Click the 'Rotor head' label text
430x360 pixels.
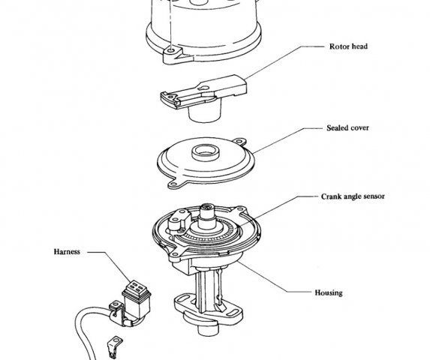pos(348,46)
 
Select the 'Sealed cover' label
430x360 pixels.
pos(347,128)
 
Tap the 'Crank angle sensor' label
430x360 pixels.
pos(353,196)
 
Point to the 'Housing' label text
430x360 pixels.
pos(329,292)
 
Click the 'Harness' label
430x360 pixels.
pos(67,252)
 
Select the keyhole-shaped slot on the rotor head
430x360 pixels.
pos(204,88)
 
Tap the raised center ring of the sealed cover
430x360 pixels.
pos(206,152)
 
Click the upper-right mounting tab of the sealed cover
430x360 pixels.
pos(239,142)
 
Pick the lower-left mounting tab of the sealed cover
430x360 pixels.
pos(174,184)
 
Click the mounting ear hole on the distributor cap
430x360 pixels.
pos(172,51)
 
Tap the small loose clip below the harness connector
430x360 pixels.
pos(114,346)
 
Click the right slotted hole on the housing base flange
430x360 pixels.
pos(233,312)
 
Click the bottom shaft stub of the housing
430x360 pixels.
pos(208,330)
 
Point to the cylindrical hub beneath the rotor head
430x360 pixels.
pos(205,112)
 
